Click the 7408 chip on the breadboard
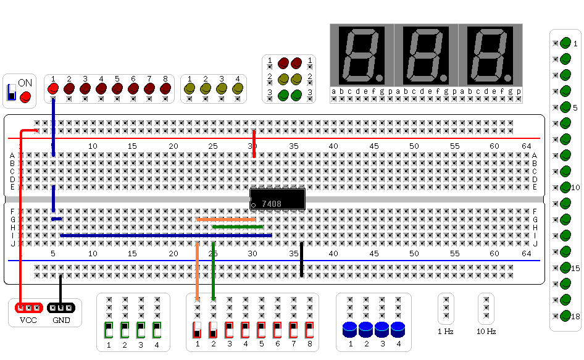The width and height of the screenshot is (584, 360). [277, 199]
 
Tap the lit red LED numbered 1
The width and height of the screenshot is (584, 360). [53, 89]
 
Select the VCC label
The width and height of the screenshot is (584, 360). [28, 320]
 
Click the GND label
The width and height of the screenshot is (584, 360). [61, 320]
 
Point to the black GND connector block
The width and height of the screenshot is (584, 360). [61, 308]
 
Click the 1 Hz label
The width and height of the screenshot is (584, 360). [446, 332]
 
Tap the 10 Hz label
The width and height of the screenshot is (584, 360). [486, 332]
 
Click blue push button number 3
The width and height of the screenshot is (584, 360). [382, 330]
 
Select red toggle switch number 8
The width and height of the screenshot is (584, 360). [309, 330]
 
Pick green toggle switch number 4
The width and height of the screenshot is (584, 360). [157, 330]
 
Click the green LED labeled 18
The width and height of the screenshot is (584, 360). [565, 316]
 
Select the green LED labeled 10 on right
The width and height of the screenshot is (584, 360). [565, 188]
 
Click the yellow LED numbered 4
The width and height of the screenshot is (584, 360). [238, 89]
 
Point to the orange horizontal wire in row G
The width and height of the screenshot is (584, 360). [226, 219]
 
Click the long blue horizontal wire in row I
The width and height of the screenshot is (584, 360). [166, 235]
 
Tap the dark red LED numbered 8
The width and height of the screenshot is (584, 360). [165, 89]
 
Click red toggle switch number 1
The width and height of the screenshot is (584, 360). [197, 330]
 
